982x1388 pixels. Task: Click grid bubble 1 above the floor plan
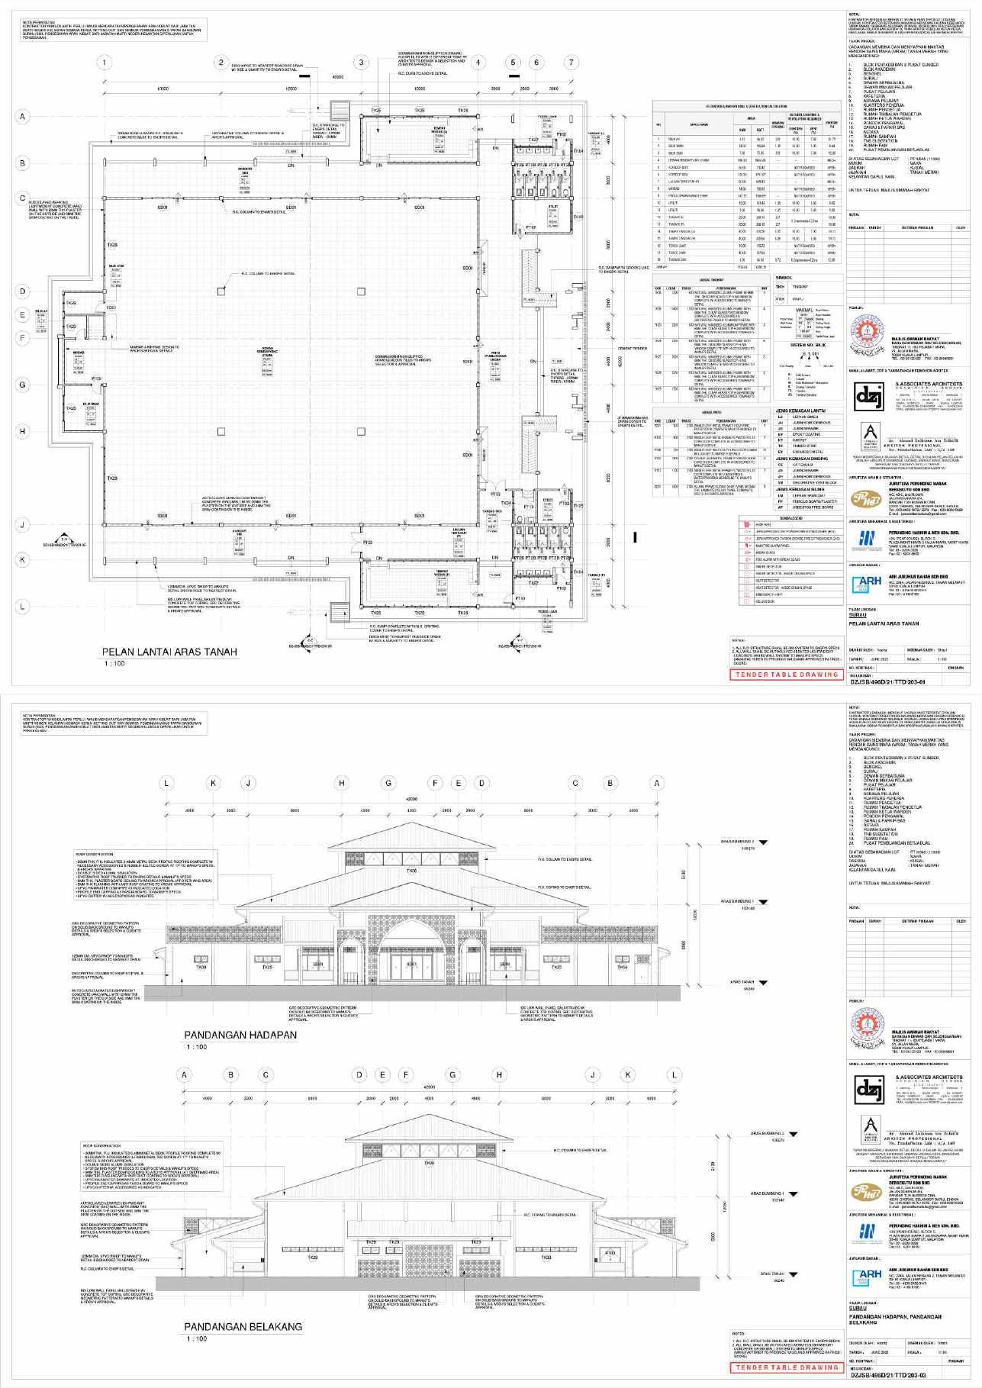tap(105, 63)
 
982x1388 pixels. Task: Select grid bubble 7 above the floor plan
tap(571, 63)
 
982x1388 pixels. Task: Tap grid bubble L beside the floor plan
tap(23, 607)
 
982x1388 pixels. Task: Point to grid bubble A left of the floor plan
tap(23, 117)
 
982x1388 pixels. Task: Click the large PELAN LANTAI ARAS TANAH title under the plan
tap(170, 652)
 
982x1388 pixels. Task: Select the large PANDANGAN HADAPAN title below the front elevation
tap(240, 1035)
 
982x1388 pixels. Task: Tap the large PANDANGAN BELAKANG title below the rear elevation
tap(243, 1326)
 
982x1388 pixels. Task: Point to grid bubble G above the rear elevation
tap(452, 1074)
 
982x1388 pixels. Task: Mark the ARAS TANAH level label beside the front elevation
tap(742, 983)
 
